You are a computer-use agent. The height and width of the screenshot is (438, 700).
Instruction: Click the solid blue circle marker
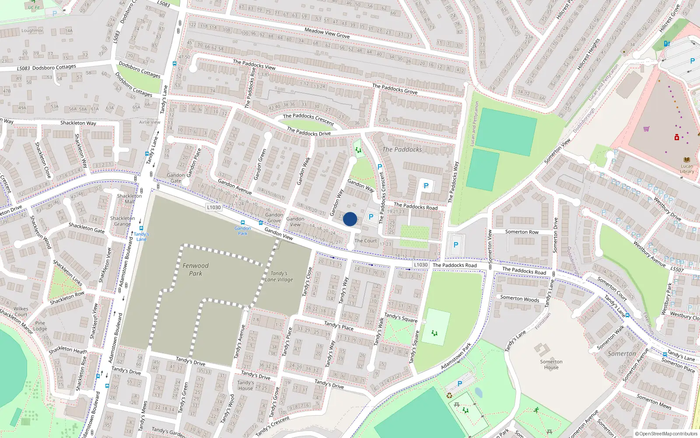[x=350, y=219]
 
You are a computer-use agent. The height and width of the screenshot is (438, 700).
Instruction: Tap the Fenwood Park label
[x=196, y=269]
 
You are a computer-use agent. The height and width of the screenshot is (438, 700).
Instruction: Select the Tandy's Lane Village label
[x=279, y=276]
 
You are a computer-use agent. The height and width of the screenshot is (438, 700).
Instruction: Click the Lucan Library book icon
[x=686, y=160]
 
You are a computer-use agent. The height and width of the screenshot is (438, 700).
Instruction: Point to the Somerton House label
[x=551, y=364]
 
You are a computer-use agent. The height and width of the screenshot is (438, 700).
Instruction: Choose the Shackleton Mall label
[x=129, y=199]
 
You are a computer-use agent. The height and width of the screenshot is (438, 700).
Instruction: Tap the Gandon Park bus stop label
[x=243, y=231]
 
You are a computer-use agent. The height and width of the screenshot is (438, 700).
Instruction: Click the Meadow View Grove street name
[x=327, y=33]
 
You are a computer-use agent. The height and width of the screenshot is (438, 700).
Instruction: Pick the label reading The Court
[x=365, y=240]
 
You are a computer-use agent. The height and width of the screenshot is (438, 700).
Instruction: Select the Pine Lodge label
[x=40, y=326]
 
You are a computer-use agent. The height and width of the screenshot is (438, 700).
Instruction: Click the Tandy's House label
[x=245, y=385]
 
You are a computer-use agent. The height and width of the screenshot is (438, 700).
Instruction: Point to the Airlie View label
[x=150, y=122]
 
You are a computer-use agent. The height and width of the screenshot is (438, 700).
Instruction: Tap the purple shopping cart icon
[x=646, y=129]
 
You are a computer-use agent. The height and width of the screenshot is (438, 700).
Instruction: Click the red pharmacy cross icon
[x=677, y=138]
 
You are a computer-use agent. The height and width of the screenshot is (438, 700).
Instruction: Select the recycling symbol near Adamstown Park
[x=449, y=395]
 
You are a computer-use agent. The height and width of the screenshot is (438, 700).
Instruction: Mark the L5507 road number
[x=677, y=269]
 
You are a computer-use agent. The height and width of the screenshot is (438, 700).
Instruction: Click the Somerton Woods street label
[x=520, y=298]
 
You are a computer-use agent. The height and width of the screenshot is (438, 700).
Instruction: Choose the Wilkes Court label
[x=21, y=311]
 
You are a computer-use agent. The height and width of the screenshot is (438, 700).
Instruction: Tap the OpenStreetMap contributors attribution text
[x=666, y=434]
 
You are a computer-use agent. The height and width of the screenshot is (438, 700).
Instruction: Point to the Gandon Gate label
[x=175, y=178]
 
